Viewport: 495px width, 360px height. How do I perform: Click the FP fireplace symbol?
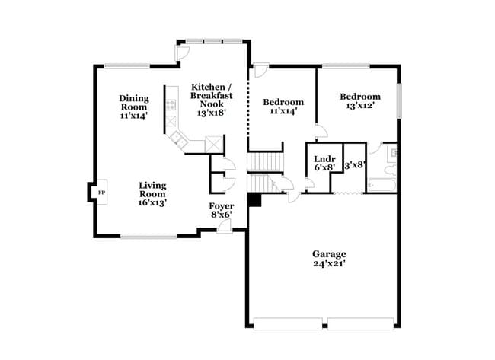click(x=101, y=193)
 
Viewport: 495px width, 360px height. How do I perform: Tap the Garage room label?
click(x=328, y=254)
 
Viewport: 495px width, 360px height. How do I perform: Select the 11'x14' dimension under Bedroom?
click(x=283, y=111)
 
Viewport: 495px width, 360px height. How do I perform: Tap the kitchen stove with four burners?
click(x=171, y=106)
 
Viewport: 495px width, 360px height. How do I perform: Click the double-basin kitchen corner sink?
click(x=180, y=138)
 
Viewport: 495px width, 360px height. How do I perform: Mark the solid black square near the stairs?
click(x=254, y=199)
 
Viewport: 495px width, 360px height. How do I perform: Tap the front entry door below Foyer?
click(x=223, y=226)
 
